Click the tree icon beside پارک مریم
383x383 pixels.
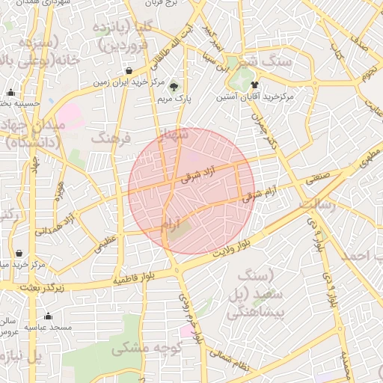click(x=174, y=86)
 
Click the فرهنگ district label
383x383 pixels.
click(x=111, y=138)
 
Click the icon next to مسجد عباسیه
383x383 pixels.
click(x=49, y=316)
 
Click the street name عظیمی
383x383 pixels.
click(x=105, y=242)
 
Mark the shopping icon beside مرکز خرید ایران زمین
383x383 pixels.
click(x=129, y=71)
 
